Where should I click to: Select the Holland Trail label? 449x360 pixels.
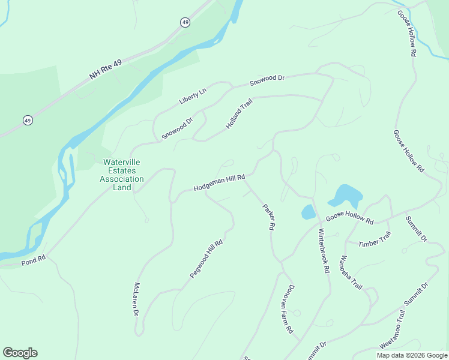[x=239, y=113]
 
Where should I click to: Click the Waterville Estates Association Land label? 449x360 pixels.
[x=122, y=175]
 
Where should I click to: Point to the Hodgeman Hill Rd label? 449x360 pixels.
[x=220, y=183]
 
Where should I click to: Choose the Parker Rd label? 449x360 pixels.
[x=268, y=218]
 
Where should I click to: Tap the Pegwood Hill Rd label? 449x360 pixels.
[x=206, y=259]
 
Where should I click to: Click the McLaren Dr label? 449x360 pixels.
[x=136, y=299]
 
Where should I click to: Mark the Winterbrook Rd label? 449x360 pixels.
[x=324, y=251]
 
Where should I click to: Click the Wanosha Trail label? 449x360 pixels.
[x=351, y=273]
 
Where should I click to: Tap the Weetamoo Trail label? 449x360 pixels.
[x=393, y=337]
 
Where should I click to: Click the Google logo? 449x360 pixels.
[x=20, y=353]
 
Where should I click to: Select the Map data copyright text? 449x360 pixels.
[x=412, y=355]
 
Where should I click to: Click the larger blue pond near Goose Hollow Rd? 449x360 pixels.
[x=346, y=196]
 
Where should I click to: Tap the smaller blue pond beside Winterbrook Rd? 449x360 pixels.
[x=308, y=212]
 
